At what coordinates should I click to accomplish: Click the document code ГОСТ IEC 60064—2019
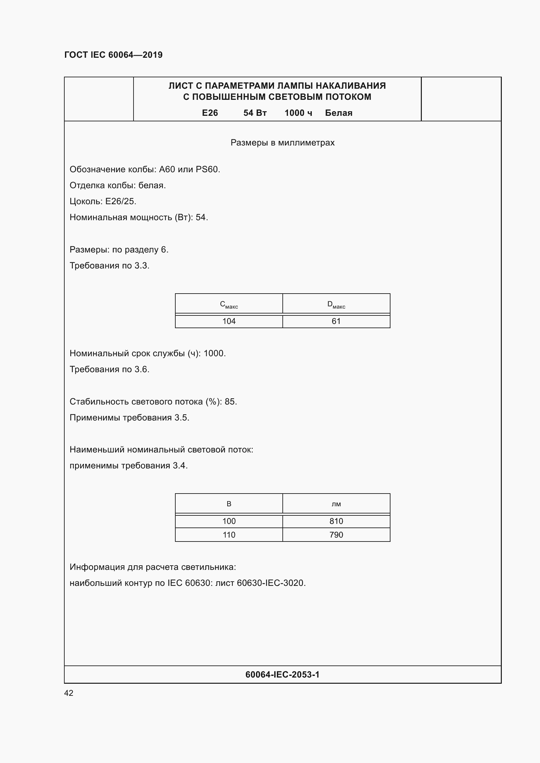[x=113, y=55]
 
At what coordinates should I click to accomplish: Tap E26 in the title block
[x=210, y=113]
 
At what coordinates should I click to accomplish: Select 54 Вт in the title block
[x=255, y=113]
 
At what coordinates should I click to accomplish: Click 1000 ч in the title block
[x=298, y=113]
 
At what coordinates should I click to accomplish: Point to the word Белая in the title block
[x=339, y=113]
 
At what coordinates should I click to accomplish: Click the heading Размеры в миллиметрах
[x=282, y=143]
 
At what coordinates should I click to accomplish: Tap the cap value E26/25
[x=120, y=201]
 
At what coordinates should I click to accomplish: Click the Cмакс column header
[x=229, y=304]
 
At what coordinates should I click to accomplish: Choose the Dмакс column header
[x=336, y=304]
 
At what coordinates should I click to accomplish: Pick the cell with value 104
[x=229, y=321]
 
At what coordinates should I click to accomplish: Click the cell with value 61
[x=336, y=321]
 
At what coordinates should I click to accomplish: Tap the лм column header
[x=336, y=504]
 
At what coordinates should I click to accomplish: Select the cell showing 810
[x=336, y=521]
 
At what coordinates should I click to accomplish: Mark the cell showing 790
[x=336, y=535]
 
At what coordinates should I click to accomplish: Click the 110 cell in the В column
[x=229, y=535]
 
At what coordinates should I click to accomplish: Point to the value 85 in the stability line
[x=230, y=402]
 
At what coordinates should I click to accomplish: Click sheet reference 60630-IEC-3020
[x=270, y=583]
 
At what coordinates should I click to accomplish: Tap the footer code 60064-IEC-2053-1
[x=282, y=675]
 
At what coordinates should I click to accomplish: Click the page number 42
[x=69, y=693]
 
